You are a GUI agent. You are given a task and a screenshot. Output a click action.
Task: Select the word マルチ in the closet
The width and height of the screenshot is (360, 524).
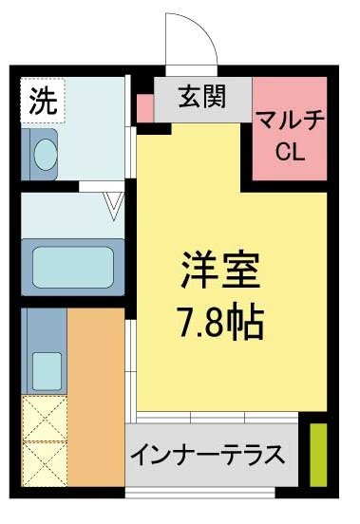click(289, 121)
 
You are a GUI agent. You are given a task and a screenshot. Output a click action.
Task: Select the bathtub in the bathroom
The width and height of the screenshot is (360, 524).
click(73, 265)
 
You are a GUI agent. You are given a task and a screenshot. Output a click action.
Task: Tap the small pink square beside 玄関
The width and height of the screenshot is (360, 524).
click(143, 108)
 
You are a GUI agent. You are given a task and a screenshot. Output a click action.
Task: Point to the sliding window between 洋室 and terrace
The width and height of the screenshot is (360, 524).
click(218, 417)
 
